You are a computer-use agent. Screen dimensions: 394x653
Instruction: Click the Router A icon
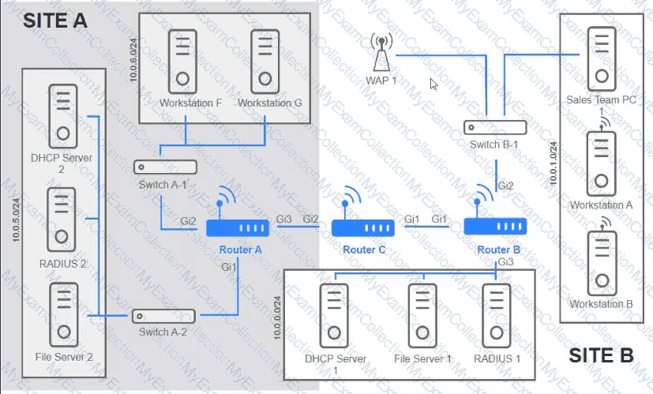[238, 227]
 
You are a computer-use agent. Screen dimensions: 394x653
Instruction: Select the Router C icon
[363, 227]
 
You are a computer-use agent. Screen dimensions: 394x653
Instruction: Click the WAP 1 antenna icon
[381, 53]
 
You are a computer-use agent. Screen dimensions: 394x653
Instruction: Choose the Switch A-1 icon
[166, 167]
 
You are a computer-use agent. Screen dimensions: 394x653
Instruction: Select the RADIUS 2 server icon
[61, 216]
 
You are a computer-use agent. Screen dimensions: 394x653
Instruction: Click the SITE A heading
[54, 21]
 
